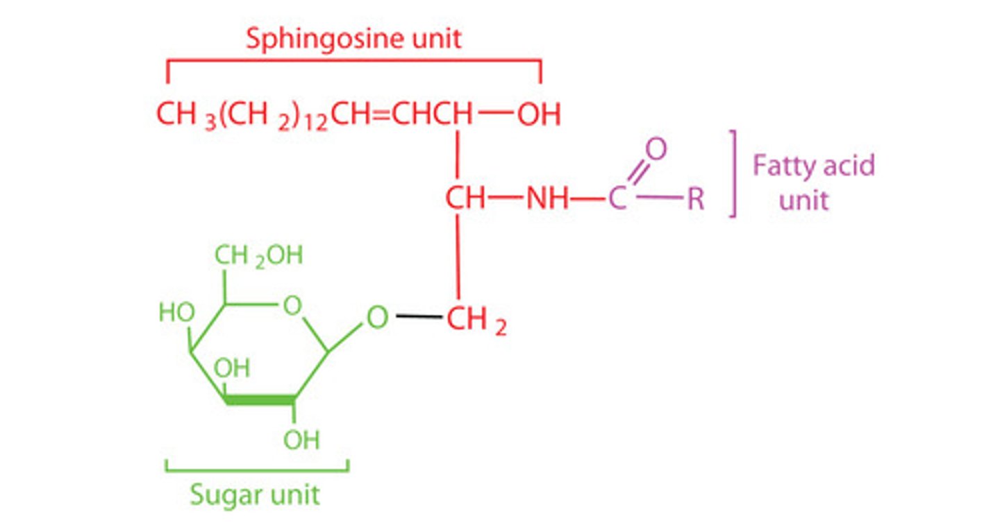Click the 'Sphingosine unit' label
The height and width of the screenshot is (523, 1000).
(353, 39)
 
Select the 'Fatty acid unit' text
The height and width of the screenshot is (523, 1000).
(813, 182)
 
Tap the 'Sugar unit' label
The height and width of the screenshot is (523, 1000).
(255, 495)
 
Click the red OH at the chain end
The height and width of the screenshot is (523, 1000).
(539, 115)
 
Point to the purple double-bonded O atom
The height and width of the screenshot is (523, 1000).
(656, 149)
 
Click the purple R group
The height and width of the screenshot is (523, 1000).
(696, 200)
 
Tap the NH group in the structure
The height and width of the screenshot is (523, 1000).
(548, 200)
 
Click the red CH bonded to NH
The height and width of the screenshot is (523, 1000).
(465, 200)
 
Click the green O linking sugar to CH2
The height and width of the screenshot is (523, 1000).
(376, 318)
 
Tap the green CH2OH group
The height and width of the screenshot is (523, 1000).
(258, 256)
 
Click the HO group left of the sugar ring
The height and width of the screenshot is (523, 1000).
(176, 313)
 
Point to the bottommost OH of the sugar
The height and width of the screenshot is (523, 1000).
(301, 440)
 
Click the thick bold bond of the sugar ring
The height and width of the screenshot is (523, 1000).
(260, 400)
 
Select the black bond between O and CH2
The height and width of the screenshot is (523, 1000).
(419, 318)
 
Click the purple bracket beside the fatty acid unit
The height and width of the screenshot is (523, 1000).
(733, 173)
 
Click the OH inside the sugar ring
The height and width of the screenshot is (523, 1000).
(231, 368)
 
